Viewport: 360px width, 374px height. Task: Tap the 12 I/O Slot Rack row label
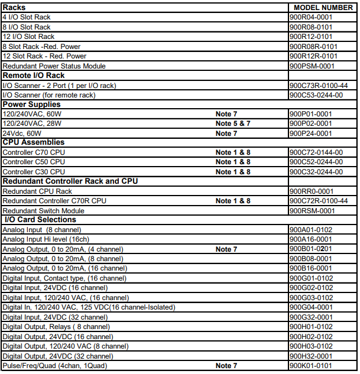click(28, 37)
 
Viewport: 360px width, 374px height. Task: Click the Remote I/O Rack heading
click(34, 76)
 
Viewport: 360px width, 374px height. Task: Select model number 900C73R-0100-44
click(318, 85)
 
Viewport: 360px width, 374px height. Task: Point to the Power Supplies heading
click(32, 104)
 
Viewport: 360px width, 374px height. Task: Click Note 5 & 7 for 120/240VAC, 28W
click(233, 123)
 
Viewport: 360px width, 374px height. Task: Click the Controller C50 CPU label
click(34, 162)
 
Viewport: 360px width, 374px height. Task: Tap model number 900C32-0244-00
click(316, 172)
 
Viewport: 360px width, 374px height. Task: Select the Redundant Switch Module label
click(43, 210)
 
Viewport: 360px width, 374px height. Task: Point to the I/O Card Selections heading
click(40, 220)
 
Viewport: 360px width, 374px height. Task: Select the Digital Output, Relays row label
click(56, 327)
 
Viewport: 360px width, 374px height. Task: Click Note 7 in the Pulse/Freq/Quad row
click(226, 366)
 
